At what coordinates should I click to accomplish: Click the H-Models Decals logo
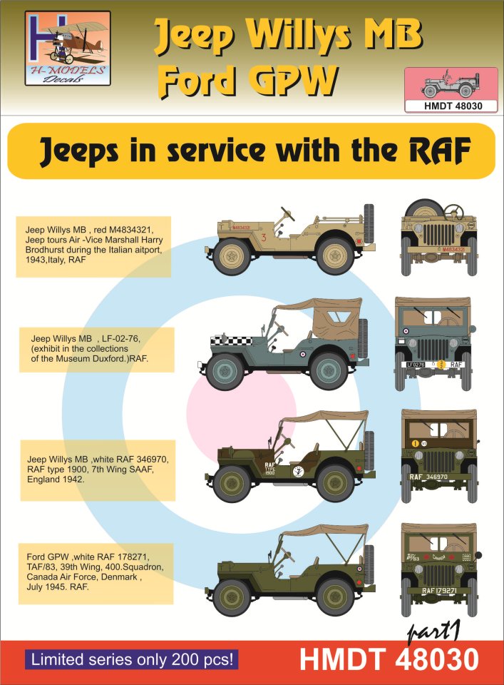coord(68,48)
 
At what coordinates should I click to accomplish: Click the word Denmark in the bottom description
coord(125,577)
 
